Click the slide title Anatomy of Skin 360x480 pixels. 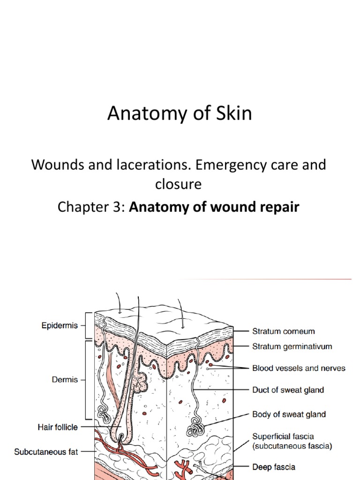tap(180, 114)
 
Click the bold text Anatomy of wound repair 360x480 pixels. tap(214, 207)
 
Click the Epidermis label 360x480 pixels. tap(58, 325)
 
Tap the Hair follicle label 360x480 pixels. tap(58, 427)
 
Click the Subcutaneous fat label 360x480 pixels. tap(46, 452)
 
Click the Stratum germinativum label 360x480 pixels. tap(292, 347)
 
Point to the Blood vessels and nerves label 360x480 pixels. tap(299, 368)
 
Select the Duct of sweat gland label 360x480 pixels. tap(288, 390)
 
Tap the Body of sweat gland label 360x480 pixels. tap(289, 414)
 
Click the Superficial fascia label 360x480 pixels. tap(284, 436)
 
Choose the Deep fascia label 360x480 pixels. tap(274, 467)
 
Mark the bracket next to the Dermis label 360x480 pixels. tap(86, 380)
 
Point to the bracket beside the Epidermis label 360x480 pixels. tap(86, 325)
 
